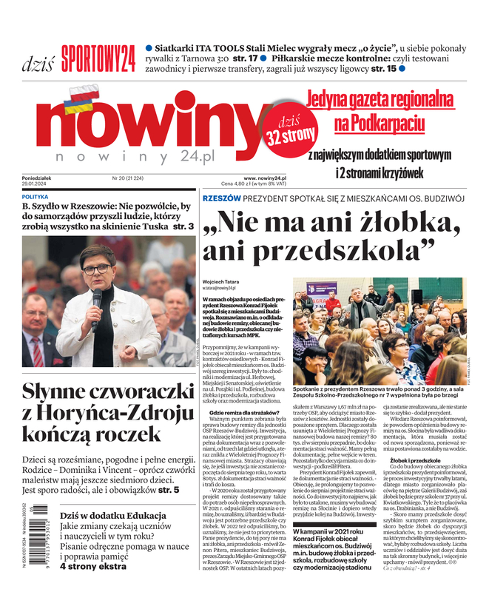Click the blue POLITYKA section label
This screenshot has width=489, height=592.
tap(35, 197)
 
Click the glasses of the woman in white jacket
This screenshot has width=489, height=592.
tap(96, 269)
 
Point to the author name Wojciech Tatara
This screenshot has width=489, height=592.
tap(222, 282)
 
